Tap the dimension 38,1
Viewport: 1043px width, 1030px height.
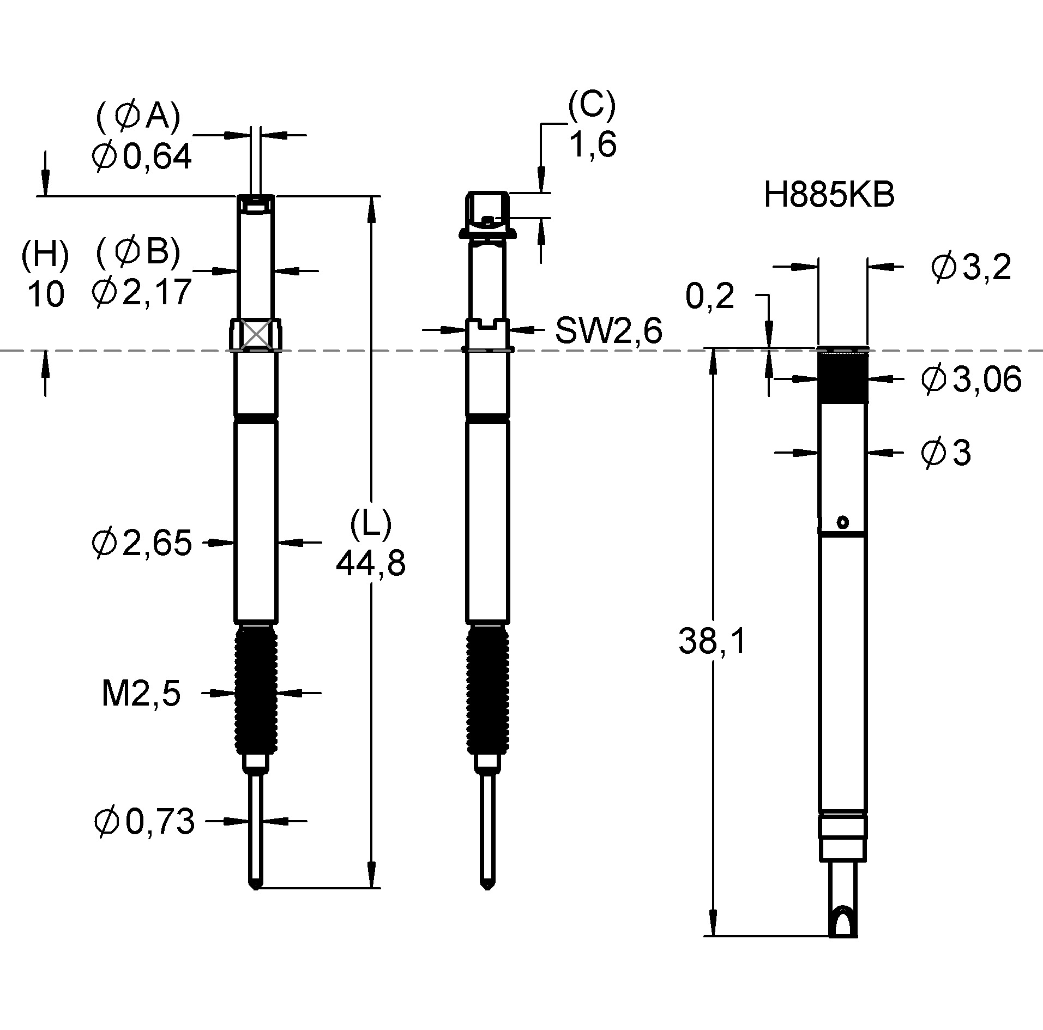[712, 641]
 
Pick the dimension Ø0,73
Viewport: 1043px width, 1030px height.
[144, 822]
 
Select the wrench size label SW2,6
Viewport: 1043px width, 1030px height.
[608, 330]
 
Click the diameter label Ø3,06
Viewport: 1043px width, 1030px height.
[970, 380]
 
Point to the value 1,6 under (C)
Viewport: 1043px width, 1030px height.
[593, 146]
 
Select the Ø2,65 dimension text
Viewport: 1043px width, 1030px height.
[142, 543]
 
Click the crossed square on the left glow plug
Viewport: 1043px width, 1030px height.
[256, 335]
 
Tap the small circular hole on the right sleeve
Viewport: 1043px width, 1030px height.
[843, 522]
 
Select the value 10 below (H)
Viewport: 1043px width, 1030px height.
[45, 295]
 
